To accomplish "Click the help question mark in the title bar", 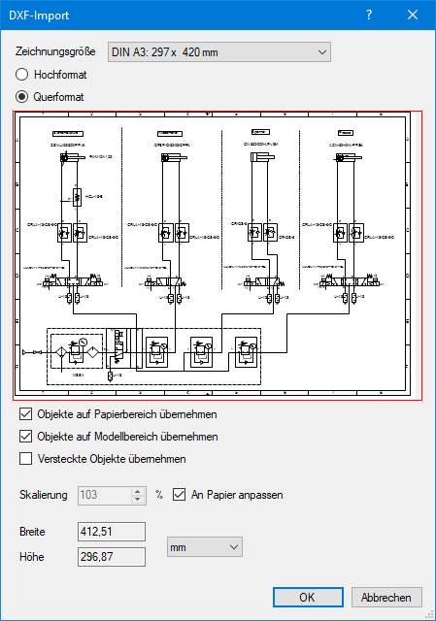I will coord(368,15).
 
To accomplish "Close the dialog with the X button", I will coord(414,15).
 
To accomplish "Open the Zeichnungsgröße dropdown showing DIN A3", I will coord(218,51).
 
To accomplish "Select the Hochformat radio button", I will coord(22,74).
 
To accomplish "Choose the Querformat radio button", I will coord(22,97).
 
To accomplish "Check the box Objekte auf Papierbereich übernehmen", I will coord(26,415).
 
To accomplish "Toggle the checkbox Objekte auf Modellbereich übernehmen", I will coord(26,437).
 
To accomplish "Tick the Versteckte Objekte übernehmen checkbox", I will coord(26,458).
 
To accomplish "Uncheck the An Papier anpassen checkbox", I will coord(179,495).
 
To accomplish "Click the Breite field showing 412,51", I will coord(111,532).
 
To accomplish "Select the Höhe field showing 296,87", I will coord(111,556).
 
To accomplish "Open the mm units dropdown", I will coord(204,548).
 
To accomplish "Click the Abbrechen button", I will coord(386,598).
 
